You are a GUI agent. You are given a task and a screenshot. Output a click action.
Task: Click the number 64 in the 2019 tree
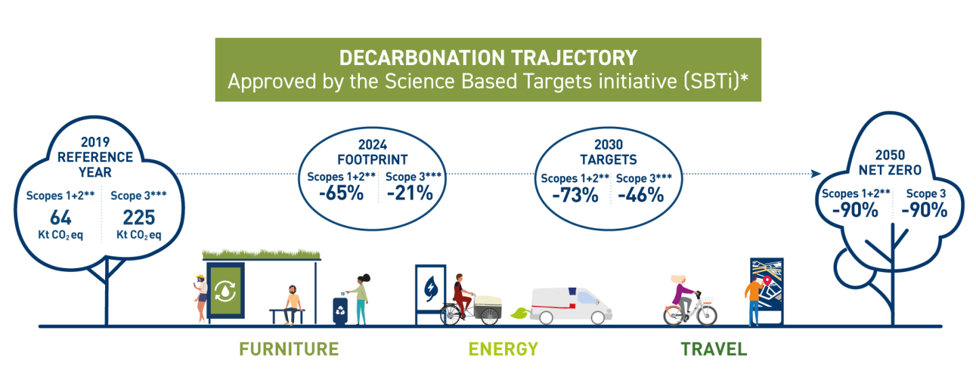pos(60,217)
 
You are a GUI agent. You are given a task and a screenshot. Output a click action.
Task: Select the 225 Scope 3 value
pos(138,217)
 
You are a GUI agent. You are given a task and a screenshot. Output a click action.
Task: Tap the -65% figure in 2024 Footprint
pos(341,193)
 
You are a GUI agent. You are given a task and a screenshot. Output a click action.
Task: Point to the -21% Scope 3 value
pos(409,193)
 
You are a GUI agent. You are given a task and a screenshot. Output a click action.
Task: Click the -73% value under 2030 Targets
pos(575,195)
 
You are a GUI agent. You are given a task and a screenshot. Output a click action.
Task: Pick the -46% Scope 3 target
pos(640,195)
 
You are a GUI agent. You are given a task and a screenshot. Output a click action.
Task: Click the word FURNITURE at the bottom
pos(289,349)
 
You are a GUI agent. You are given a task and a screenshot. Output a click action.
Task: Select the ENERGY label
pos(503,349)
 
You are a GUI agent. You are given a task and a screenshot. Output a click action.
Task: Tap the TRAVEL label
pos(714,349)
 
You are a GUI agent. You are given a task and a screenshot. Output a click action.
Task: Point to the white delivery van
pos(571,305)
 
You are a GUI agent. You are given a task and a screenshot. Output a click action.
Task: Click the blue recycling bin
pos(340,311)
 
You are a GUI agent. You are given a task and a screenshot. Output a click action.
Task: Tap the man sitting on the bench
pos(293,305)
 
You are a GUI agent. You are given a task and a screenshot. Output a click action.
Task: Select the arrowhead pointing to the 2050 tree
pos(815,174)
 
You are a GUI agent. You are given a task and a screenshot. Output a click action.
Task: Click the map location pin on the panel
pos(767,280)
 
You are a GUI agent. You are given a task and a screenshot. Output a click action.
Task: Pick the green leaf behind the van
pos(520,313)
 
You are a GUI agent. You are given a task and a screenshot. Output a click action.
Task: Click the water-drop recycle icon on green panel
pos(225,290)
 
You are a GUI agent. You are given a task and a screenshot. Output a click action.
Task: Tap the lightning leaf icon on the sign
pos(430,288)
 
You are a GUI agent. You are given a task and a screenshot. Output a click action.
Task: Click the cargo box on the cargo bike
pos(487,301)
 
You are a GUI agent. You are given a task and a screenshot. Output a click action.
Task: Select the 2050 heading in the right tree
pos(890,155)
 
